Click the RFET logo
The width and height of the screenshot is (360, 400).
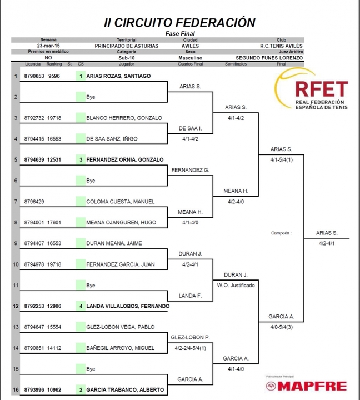point(311,89)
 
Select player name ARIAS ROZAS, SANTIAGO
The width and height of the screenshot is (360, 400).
point(118,76)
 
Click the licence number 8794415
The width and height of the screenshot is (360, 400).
point(34,139)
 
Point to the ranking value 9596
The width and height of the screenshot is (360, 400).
point(54,76)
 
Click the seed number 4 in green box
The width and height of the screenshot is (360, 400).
point(81,306)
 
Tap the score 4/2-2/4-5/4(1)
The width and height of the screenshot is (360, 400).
point(191,348)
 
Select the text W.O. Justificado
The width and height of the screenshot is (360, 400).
point(236,285)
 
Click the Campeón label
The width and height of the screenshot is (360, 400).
point(281,233)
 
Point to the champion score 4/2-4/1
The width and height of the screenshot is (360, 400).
point(327,243)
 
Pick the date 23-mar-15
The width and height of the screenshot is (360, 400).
point(48,46)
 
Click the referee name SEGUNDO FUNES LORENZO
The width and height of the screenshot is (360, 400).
point(269,58)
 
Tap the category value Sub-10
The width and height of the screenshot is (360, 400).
point(127,58)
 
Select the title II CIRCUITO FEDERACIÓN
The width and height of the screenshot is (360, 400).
point(179,22)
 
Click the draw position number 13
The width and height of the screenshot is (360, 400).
point(16,327)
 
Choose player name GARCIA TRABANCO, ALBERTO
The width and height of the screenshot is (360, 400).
point(125,390)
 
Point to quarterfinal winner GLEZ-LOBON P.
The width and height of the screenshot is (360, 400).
point(191,338)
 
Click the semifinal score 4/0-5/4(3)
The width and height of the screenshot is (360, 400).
point(281,327)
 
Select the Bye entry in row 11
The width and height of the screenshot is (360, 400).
point(91,285)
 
